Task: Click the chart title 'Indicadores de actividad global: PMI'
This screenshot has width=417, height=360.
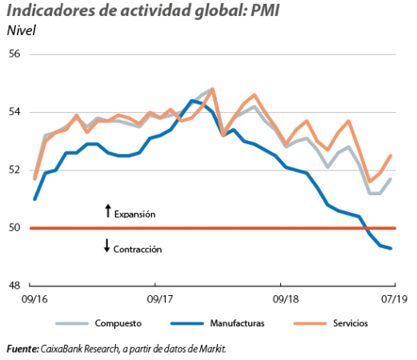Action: tap(143, 11)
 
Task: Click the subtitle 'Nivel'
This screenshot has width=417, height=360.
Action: tap(21, 30)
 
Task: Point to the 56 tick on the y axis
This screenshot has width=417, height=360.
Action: tap(14, 54)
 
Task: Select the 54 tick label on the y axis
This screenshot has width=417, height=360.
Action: tap(14, 112)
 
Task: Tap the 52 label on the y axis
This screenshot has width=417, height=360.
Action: tap(14, 170)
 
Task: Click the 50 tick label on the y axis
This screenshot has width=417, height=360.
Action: tap(14, 228)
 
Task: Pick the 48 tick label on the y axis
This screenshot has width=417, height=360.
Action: tap(14, 286)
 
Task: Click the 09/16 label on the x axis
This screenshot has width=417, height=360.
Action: tap(34, 299)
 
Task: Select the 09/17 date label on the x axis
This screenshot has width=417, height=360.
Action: tap(160, 299)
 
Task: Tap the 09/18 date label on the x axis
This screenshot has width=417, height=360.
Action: tap(286, 299)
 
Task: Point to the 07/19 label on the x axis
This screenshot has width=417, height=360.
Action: tap(395, 299)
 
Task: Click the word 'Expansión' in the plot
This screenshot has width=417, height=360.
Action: tap(134, 214)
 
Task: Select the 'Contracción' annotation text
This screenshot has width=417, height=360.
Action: tap(138, 250)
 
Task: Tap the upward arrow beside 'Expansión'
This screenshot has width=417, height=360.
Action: tap(108, 210)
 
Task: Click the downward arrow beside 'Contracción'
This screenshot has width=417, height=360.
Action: tap(107, 246)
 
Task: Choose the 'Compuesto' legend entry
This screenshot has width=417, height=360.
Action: tap(98, 323)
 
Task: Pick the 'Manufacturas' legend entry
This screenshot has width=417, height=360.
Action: tap(218, 323)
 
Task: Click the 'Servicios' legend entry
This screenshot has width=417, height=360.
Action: tap(331, 323)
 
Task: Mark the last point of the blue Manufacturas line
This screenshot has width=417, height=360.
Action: tap(391, 248)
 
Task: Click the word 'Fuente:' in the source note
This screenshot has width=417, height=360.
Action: tap(22, 349)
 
